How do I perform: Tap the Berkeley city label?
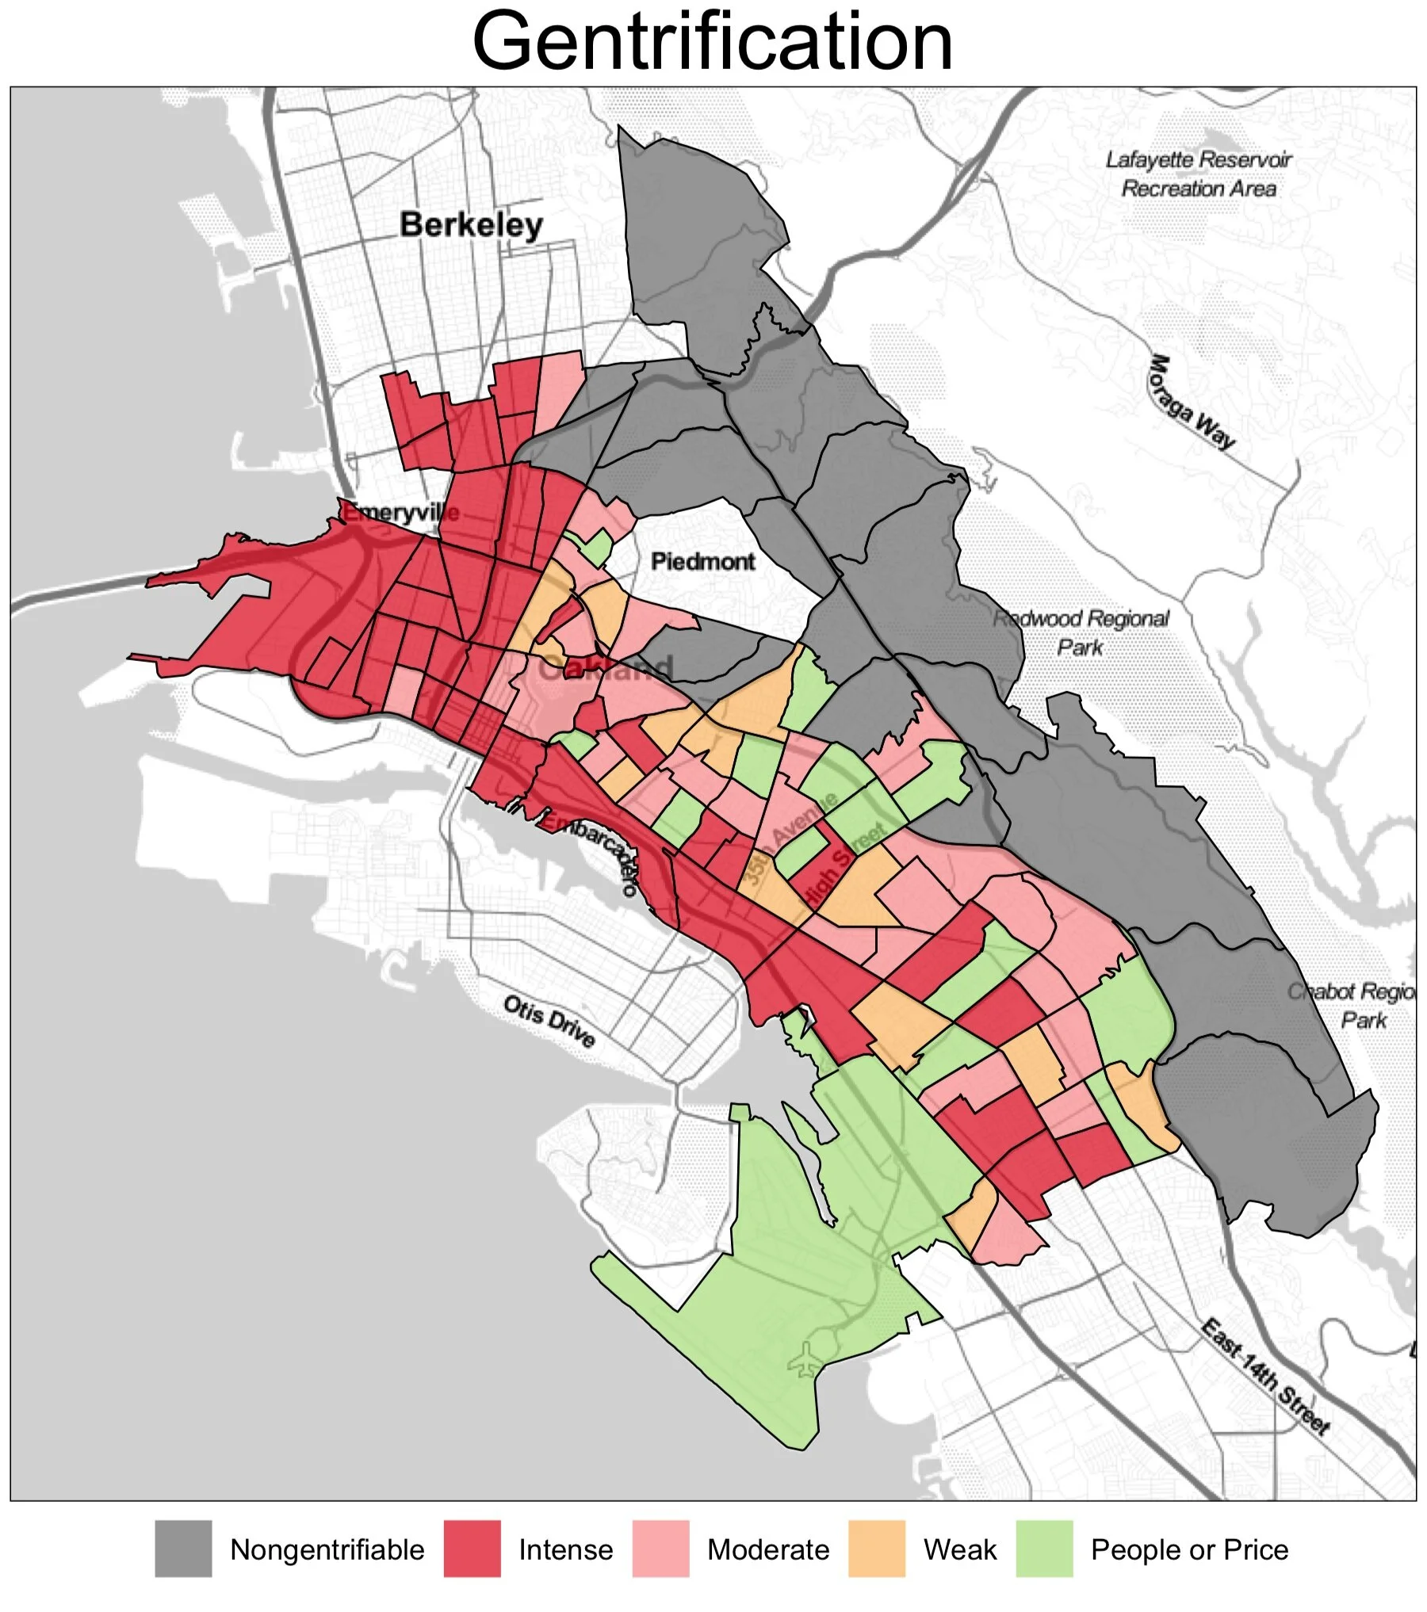coord(471,225)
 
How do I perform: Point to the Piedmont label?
coord(702,562)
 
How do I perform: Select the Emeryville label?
coord(400,512)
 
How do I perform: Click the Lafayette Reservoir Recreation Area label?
coord(1199,174)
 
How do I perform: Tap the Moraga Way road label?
coord(1192,403)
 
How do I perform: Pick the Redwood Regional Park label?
coord(1081,632)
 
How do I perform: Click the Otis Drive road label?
coord(549,1022)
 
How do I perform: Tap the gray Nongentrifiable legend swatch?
coord(183,1549)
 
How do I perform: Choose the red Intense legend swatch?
coord(472,1549)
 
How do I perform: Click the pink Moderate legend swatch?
coord(660,1549)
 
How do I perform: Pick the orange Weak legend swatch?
coord(876,1549)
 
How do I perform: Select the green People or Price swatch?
coord(1044,1549)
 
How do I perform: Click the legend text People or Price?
coord(1189,1549)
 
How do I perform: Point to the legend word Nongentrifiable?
coord(327,1549)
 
